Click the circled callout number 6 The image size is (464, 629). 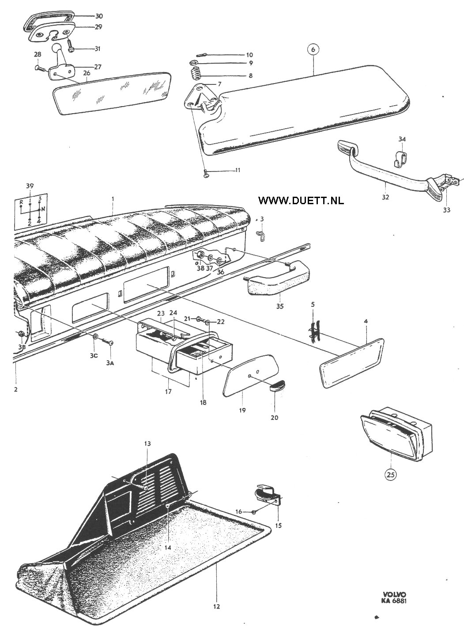[313, 50]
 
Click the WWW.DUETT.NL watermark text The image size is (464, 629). [301, 200]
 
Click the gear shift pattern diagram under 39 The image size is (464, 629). [30, 211]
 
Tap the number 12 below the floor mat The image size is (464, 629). [216, 606]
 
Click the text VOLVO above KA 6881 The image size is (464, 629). [394, 595]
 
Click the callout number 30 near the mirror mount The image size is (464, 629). [99, 16]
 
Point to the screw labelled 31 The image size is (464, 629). [71, 46]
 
